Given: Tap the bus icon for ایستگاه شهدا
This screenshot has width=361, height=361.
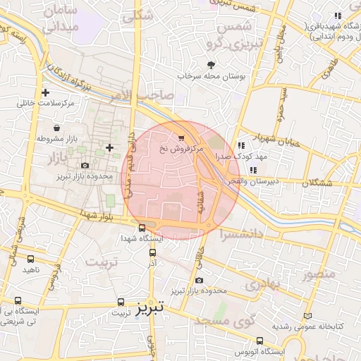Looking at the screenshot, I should (x=142, y=228).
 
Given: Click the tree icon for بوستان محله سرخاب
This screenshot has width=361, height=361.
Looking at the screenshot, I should (x=211, y=64).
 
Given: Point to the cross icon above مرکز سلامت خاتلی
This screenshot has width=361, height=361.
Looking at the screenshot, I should (x=46, y=92).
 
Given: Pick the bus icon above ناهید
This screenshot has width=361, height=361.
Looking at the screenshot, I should (x=30, y=259).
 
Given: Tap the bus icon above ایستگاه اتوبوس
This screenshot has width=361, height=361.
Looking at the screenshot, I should (x=260, y=340).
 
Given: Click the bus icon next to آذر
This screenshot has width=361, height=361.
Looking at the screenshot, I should (x=152, y=251).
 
